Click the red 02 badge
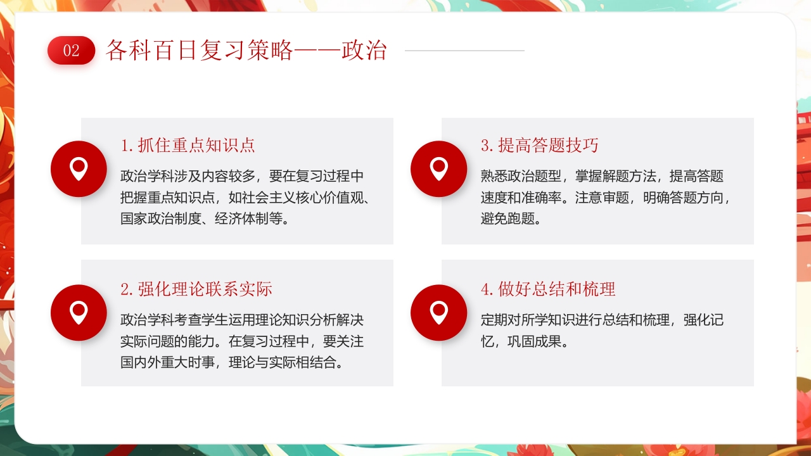[x=71, y=51]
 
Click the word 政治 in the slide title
[x=364, y=51]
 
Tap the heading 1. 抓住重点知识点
[x=188, y=146]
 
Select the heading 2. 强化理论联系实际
[x=196, y=289]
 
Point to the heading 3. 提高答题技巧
[x=540, y=146]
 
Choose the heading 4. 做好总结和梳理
[x=548, y=289]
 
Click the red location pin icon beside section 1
[x=79, y=168]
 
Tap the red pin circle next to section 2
[x=79, y=313]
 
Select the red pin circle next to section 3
[x=438, y=168]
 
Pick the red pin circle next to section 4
[x=438, y=313]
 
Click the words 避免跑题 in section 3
[x=507, y=219]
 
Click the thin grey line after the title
[x=464, y=51]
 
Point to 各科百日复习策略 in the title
[x=200, y=51]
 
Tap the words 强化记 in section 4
[x=703, y=320]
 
